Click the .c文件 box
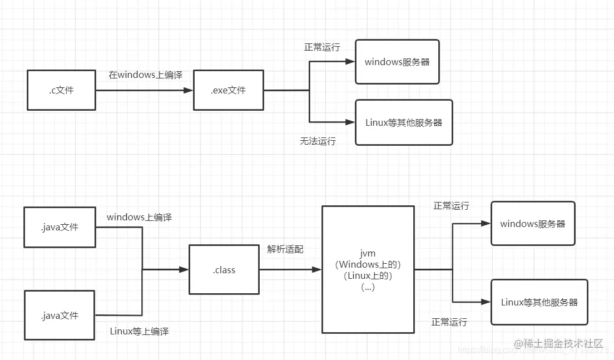61,90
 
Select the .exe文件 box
228,90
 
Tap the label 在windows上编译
145,75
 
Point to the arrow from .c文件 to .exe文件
144,90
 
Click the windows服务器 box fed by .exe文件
397,62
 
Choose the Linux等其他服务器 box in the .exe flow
404,122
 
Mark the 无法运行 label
318,141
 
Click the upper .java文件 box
60,227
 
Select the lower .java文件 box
60,315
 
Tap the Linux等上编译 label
139,332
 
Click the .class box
224,270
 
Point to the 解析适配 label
285,249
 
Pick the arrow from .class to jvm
290,270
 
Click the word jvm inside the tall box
368,253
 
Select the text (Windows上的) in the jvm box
368,264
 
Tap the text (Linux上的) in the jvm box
368,276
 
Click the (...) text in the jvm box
368,288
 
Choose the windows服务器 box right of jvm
532,224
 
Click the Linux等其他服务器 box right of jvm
539,302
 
